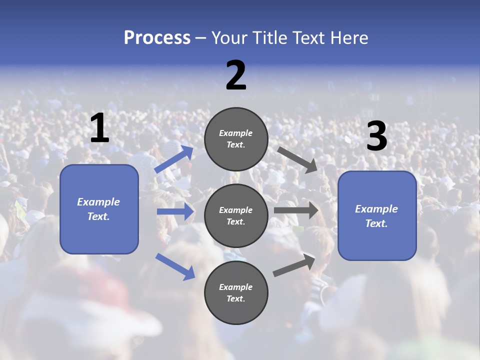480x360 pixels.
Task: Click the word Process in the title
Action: click(x=157, y=38)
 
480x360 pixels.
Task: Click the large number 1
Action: click(x=99, y=128)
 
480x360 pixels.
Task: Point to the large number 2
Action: click(x=236, y=75)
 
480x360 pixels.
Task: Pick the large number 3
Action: click(x=376, y=136)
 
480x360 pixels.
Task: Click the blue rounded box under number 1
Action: click(x=99, y=209)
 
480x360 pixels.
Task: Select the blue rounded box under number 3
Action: click(x=377, y=215)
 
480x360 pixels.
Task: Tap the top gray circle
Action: click(x=236, y=139)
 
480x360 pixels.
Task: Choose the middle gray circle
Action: click(x=236, y=215)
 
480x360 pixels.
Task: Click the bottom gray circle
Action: click(x=236, y=292)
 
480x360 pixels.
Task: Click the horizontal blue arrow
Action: click(x=175, y=211)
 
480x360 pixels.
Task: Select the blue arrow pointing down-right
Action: click(x=175, y=266)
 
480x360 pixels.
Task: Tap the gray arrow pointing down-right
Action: click(x=297, y=159)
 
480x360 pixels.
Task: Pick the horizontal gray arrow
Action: click(x=296, y=210)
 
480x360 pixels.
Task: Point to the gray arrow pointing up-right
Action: click(x=294, y=265)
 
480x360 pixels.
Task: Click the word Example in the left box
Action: click(x=98, y=202)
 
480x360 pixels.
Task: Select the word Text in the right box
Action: click(x=376, y=223)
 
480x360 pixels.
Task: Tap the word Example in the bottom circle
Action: click(x=236, y=287)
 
